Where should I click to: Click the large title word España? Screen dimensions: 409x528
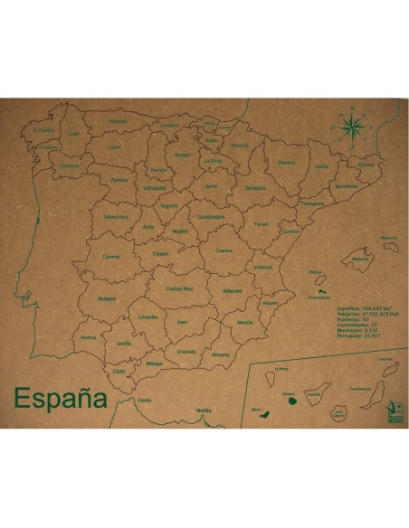pyautogui.click(x=60, y=399)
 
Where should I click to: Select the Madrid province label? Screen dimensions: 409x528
pyautogui.click(x=179, y=231)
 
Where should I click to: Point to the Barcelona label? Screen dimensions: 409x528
pyautogui.click(x=346, y=186)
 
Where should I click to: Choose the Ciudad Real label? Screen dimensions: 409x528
pyautogui.click(x=179, y=288)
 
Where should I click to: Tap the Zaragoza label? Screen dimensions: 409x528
pyautogui.click(x=255, y=188)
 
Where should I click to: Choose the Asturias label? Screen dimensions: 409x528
pyautogui.click(x=118, y=120)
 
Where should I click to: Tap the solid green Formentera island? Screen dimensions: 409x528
pyautogui.click(x=318, y=291)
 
